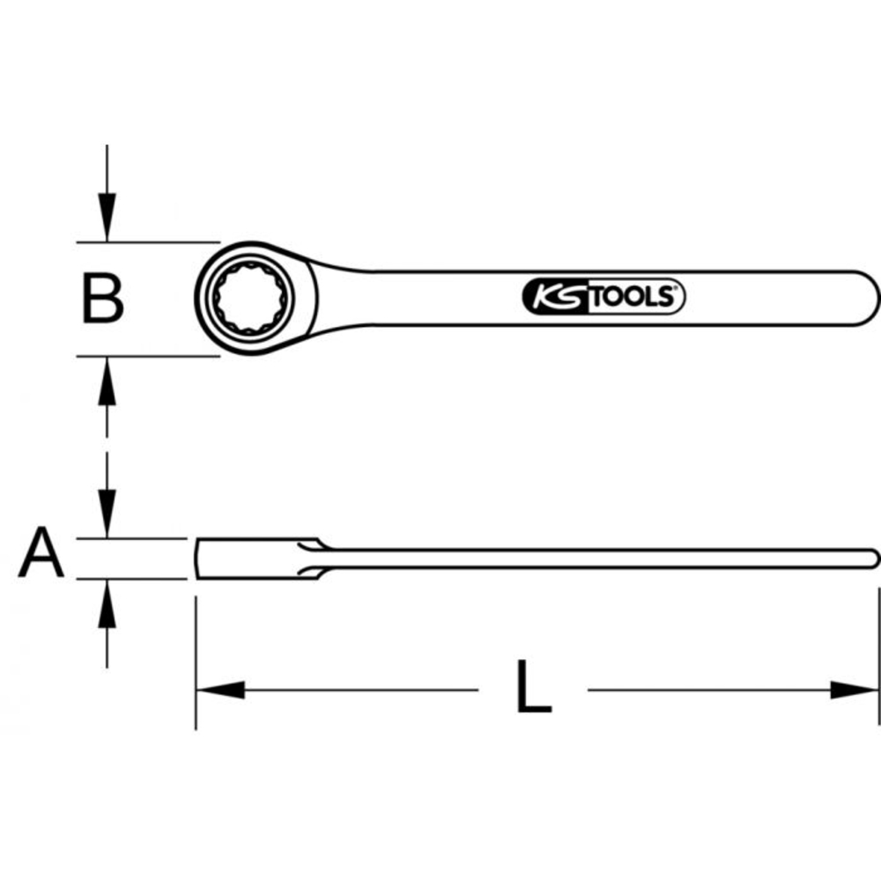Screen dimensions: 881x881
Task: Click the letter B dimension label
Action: (x=103, y=298)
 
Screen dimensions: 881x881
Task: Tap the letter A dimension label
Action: (x=41, y=553)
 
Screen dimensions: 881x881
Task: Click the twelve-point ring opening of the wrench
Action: (x=250, y=298)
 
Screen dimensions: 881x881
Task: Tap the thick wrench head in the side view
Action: (x=251, y=558)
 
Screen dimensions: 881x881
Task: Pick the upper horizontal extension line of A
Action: (x=132, y=537)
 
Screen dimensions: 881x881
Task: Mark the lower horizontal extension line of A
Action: (x=132, y=579)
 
